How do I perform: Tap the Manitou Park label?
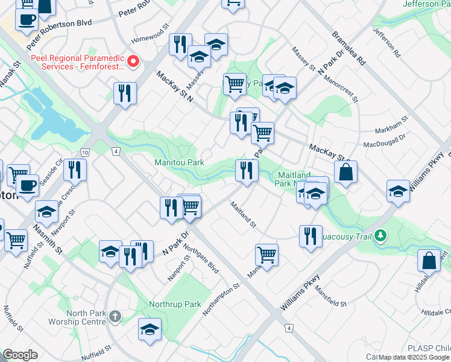coord(179,162)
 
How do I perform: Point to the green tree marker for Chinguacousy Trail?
coord(380,234)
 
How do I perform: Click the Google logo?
coord(20,355)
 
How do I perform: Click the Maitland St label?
coord(243,215)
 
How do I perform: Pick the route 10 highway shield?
coord(84,151)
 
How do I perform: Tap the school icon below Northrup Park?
coord(150,329)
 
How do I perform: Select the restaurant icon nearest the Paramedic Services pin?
coord(125,93)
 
